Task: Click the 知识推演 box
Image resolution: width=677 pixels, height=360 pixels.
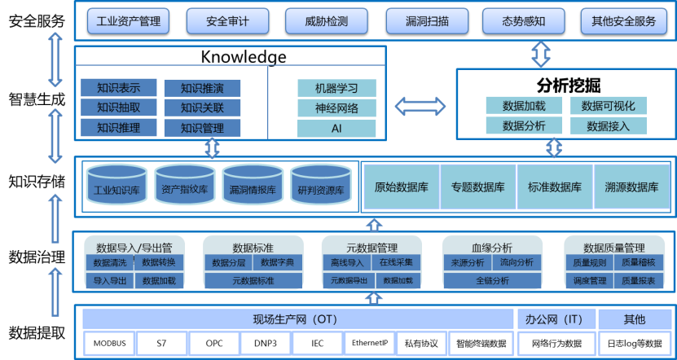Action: (x=202, y=88)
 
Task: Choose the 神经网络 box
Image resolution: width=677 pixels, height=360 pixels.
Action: (x=336, y=108)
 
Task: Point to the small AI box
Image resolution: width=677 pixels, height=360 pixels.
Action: (x=336, y=129)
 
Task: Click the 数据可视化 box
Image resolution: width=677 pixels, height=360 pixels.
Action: (x=608, y=106)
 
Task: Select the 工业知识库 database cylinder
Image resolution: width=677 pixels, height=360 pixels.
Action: (x=116, y=188)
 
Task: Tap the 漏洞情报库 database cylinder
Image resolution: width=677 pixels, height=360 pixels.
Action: (x=253, y=188)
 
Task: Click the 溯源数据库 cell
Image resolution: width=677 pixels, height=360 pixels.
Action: (x=631, y=187)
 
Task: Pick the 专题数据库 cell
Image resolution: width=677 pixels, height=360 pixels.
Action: (x=477, y=187)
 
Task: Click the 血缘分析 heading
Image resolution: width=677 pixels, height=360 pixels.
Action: (x=492, y=247)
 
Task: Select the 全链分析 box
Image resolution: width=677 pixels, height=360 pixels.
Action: (x=492, y=280)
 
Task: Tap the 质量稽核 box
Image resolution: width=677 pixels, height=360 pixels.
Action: (x=637, y=263)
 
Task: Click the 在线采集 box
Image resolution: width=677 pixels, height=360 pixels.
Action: (x=396, y=263)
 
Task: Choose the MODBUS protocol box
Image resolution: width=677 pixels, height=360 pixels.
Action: (x=109, y=343)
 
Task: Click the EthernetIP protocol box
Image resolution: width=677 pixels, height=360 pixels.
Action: (x=370, y=343)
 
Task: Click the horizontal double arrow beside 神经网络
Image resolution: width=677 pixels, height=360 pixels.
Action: (x=420, y=106)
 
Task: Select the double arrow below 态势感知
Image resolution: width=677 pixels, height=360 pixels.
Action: (x=540, y=55)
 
